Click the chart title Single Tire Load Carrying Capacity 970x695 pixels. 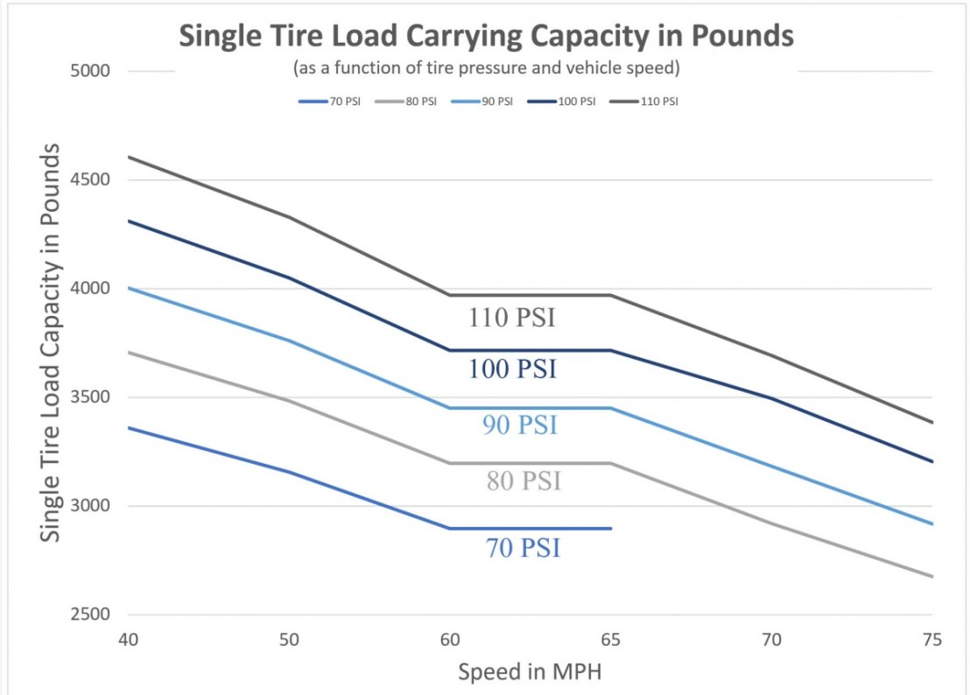[486, 37]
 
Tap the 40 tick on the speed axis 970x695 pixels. [128, 640]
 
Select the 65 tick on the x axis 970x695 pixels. [610, 640]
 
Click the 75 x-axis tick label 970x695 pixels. [931, 640]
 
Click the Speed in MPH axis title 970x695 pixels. [529, 672]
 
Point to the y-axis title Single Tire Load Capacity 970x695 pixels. [52, 342]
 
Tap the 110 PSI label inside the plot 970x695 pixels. [511, 318]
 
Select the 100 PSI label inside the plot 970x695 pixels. [511, 370]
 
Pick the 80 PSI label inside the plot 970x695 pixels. [524, 481]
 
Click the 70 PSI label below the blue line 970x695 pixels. [523, 549]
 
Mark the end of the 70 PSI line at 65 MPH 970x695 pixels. [610, 529]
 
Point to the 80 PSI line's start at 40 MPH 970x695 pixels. [128, 352]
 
